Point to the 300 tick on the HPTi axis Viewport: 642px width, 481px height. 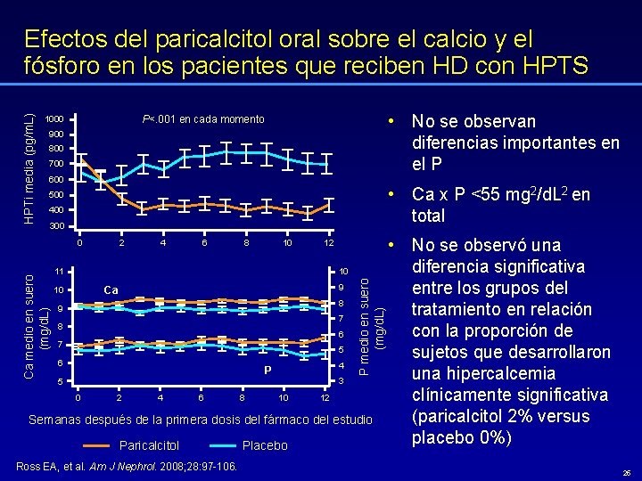[55, 227]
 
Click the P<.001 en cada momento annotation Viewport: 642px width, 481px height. [203, 119]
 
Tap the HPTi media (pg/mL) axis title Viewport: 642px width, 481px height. [29, 169]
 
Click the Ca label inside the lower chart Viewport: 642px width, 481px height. [111, 289]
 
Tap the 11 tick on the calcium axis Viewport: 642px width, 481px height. [58, 271]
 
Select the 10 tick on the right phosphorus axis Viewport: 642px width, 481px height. [342, 271]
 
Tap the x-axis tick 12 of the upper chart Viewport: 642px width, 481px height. [328, 242]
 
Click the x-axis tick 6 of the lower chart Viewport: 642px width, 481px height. [201, 398]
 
